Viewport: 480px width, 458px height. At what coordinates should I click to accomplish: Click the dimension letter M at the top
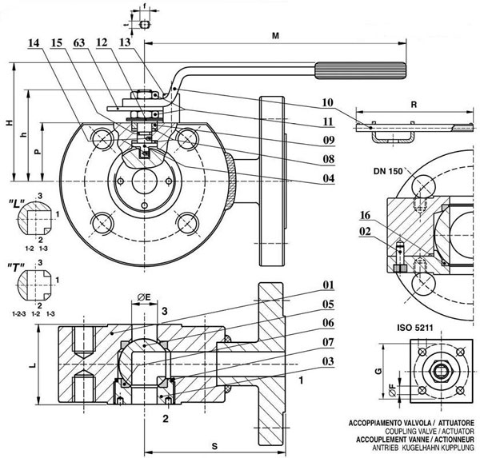click(x=276, y=36)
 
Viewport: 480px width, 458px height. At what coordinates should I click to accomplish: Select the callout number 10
click(x=327, y=102)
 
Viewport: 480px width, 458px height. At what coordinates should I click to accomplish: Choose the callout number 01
click(x=327, y=285)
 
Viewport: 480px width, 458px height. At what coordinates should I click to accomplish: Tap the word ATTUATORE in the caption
click(x=453, y=420)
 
